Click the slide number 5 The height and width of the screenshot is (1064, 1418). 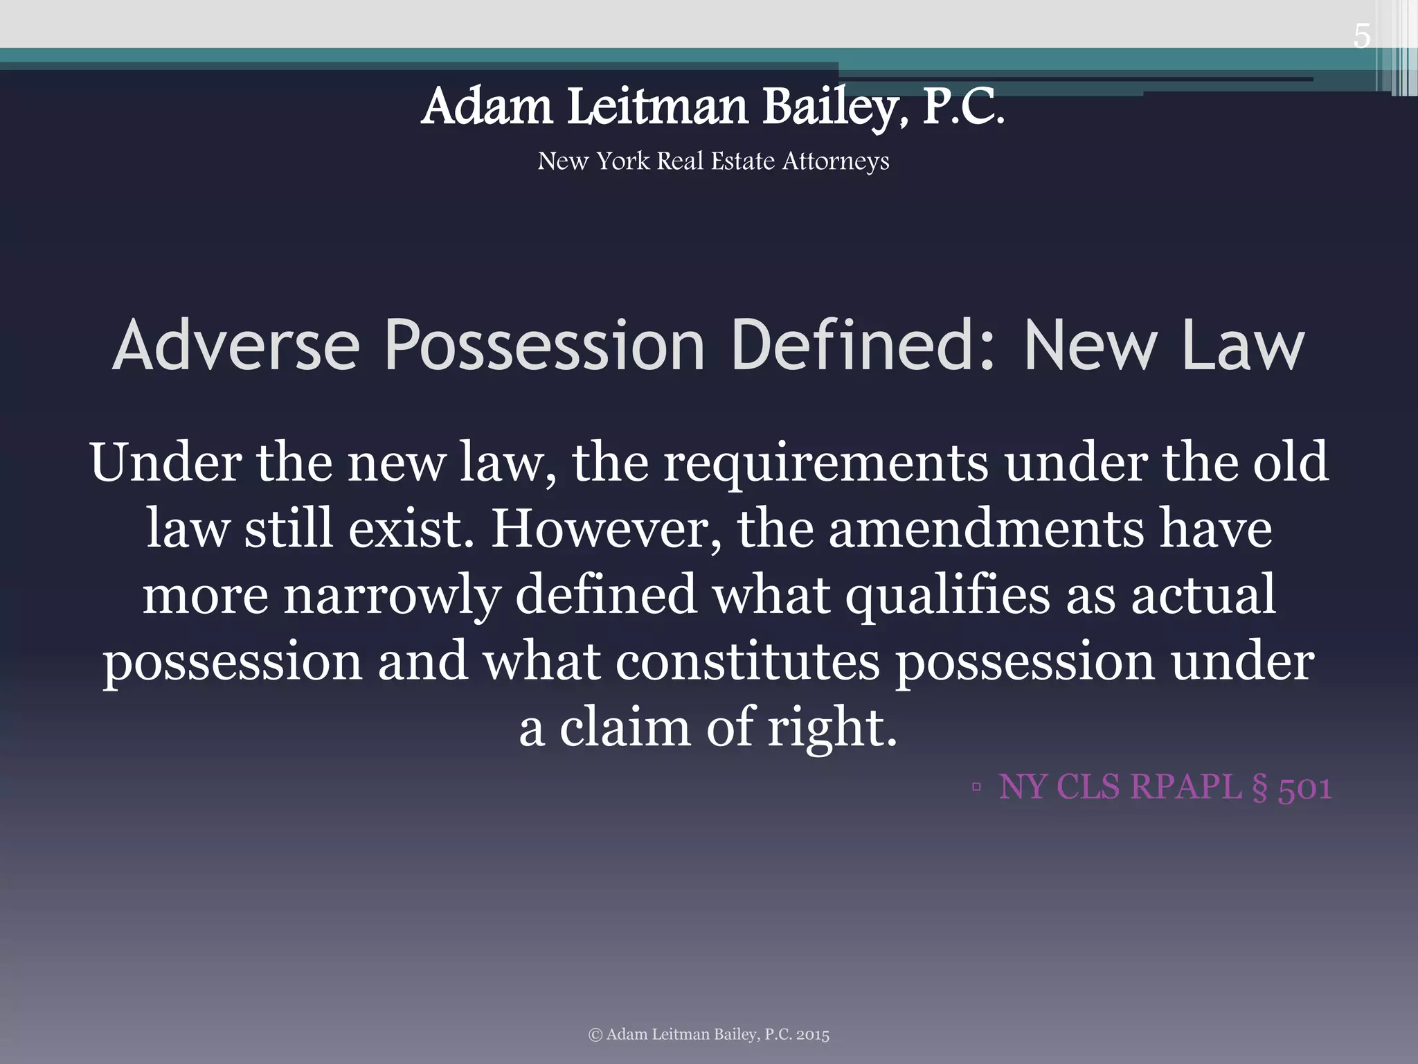pos(1361,36)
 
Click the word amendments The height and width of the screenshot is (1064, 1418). pos(986,529)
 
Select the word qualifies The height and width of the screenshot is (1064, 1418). pos(946,596)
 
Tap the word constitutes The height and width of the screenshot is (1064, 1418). pos(747,662)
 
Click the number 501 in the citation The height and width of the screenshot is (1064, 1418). pos(1304,788)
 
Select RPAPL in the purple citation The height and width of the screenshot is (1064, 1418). pos(1185,787)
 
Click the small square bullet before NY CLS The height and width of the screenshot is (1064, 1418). pos(976,787)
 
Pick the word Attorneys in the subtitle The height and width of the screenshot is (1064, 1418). pos(836,161)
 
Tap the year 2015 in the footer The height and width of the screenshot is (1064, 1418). pos(812,1035)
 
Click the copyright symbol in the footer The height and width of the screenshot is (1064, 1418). pos(595,1035)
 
